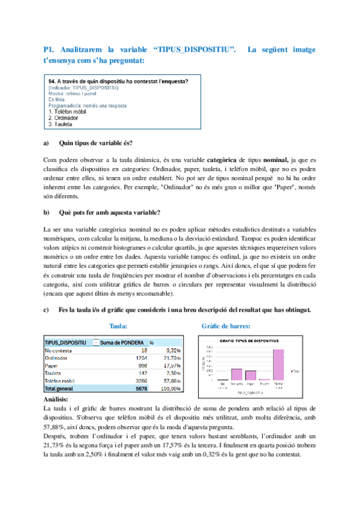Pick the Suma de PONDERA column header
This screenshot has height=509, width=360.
tap(123, 342)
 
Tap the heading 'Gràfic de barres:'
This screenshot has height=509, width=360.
tap(226, 326)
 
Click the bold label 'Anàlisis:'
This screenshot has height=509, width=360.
tap(56, 399)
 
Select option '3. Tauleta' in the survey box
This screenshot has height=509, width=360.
tap(60, 124)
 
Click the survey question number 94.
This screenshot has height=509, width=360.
tap(51, 81)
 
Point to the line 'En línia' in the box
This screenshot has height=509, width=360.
tap(59, 99)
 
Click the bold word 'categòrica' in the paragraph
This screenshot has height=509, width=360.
tap(222, 160)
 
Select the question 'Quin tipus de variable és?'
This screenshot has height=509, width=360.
tap(96, 143)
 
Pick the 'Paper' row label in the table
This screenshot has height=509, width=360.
tap(52, 366)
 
